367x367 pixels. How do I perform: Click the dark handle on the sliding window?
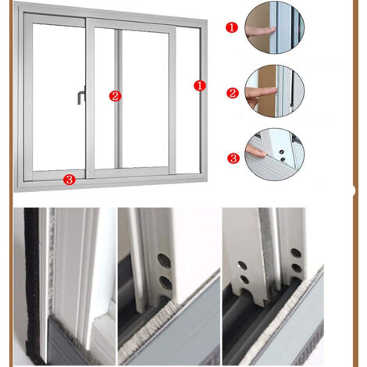[x=82, y=95]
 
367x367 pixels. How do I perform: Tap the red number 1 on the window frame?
[x=200, y=86]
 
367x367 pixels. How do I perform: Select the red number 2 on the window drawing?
[x=115, y=96]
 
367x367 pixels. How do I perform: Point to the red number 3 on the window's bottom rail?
[x=69, y=180]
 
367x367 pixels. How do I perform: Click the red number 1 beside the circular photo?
[x=232, y=27]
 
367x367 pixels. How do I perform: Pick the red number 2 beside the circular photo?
[x=233, y=93]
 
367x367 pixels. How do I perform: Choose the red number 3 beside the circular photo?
[x=233, y=158]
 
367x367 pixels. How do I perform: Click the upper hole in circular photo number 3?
[x=281, y=151]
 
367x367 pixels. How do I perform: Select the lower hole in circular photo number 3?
[x=283, y=159]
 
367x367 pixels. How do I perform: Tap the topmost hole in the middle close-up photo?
[x=164, y=260]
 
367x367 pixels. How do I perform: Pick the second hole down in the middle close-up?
[x=166, y=283]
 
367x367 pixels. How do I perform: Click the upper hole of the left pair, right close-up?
[x=242, y=265]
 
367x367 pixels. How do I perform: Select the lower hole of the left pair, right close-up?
[x=244, y=280]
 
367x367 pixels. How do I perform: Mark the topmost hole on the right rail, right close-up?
[x=296, y=253]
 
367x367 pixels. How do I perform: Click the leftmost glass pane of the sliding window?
[x=59, y=96]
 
